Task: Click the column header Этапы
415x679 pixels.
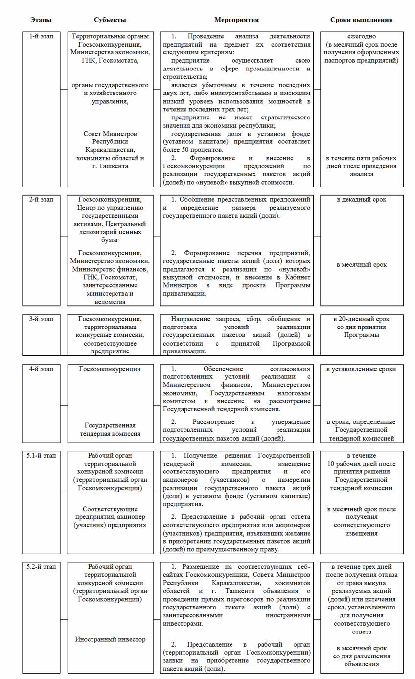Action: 41,20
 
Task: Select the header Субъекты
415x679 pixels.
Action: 110,20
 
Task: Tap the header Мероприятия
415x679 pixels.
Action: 236,20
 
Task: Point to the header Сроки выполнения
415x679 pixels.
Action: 361,20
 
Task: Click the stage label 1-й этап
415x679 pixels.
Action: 41,37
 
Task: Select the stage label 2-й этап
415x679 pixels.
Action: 41,200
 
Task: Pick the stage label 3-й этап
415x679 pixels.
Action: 41,319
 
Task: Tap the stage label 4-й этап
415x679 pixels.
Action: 41,369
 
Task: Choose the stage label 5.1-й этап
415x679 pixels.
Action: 41,456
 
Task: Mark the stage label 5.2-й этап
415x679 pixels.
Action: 41,567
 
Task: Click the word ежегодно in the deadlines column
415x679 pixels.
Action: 362,37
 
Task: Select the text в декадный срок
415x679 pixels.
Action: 362,200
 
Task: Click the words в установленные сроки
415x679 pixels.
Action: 362,369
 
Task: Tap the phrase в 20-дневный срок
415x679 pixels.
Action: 362,319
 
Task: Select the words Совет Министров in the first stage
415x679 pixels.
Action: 110,134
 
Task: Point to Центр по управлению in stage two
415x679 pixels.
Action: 110,208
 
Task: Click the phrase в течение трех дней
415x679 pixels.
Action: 362,567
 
